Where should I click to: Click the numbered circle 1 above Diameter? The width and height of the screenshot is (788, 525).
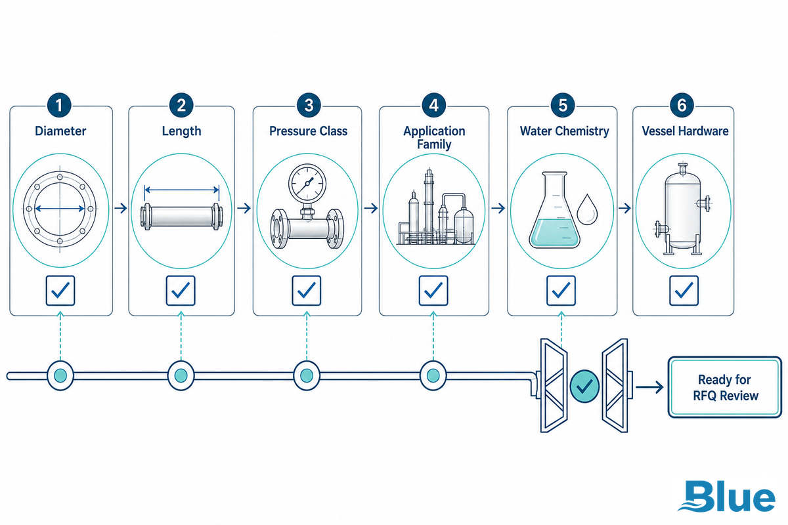point(59,105)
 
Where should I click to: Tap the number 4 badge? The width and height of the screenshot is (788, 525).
point(434,105)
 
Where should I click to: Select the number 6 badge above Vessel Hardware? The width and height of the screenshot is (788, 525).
point(682,105)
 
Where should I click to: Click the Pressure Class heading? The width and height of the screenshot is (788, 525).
point(308,131)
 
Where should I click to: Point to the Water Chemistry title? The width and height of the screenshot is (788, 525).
point(564,131)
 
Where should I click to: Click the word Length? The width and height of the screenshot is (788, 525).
point(181,131)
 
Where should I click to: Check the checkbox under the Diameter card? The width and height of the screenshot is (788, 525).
point(60,291)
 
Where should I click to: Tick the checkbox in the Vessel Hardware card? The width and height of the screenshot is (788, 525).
point(684,291)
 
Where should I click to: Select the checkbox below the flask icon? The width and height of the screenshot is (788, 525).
point(561,291)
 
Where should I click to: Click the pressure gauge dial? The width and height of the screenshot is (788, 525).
point(307,183)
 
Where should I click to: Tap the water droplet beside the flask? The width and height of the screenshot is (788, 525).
point(587,209)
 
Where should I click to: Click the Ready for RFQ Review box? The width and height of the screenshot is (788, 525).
point(725,387)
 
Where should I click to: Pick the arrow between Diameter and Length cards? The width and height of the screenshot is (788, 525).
point(121,208)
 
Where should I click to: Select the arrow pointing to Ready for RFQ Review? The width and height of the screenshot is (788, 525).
point(649,387)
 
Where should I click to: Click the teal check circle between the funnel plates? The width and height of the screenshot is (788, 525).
point(584,386)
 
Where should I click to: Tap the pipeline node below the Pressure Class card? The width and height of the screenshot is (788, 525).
point(307,375)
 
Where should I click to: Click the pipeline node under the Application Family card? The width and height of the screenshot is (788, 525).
point(433,375)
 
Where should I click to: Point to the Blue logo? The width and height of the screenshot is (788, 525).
point(727,496)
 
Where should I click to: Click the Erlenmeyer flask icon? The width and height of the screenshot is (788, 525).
point(554,209)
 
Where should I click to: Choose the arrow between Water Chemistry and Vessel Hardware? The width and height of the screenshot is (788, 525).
point(624,208)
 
